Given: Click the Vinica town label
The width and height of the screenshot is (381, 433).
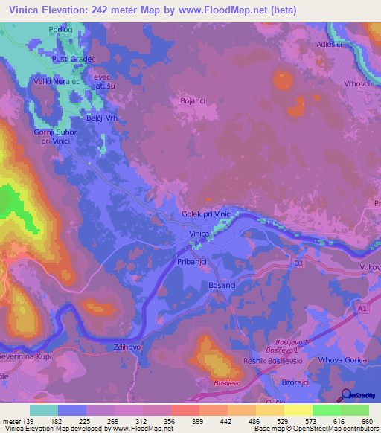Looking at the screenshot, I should pyautogui.click(x=198, y=234).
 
